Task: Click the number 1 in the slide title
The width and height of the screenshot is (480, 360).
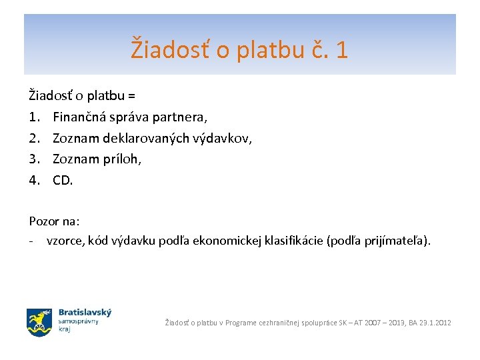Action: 341,50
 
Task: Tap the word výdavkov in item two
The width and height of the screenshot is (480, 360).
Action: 223,139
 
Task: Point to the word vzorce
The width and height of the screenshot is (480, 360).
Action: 66,241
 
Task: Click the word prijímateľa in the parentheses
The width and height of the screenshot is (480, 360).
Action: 395,241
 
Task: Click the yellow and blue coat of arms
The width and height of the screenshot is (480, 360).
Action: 39,322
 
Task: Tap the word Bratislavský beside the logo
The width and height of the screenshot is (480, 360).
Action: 85,312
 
